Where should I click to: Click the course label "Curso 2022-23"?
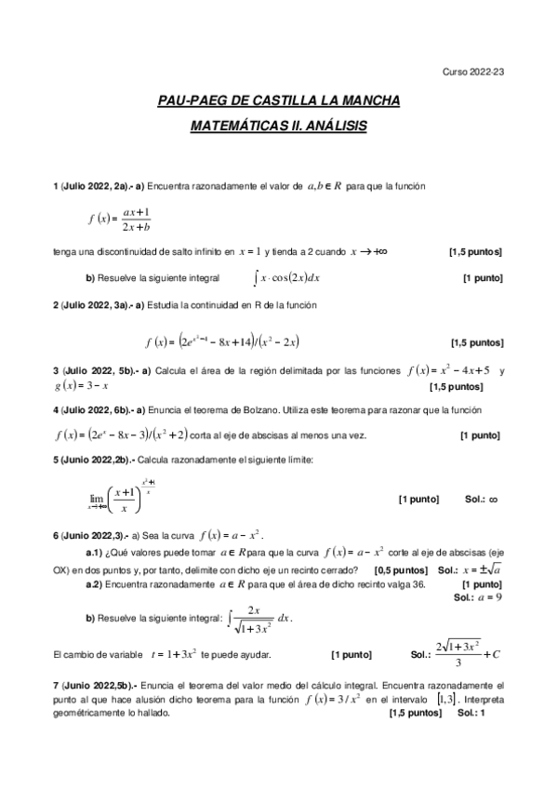[473, 71]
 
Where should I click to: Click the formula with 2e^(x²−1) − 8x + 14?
[221, 341]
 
